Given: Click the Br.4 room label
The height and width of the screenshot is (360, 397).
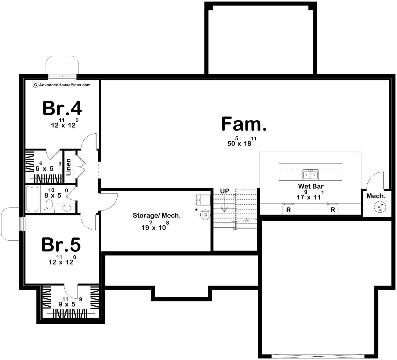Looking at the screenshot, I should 62,108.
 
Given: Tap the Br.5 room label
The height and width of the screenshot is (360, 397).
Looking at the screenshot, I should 61,245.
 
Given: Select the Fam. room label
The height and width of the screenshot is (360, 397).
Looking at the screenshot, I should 244,124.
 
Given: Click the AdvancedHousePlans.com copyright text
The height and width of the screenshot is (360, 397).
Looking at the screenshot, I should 62,85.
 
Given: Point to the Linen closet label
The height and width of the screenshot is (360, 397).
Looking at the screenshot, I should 69,167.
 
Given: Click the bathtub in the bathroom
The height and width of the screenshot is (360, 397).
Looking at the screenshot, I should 32,199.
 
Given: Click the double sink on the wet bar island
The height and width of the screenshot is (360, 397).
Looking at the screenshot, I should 310,175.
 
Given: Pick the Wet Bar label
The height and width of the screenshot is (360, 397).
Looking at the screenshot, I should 311,186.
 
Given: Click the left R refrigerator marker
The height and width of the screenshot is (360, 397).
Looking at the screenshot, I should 288,210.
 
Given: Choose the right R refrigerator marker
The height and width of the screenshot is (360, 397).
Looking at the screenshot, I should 333,210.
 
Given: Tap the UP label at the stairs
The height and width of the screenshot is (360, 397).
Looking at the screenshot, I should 225,191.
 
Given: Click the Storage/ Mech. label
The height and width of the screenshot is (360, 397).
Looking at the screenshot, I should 157,216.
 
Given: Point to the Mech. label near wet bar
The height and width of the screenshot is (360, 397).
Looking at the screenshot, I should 376,196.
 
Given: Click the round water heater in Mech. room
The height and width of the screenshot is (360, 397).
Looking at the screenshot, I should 380,207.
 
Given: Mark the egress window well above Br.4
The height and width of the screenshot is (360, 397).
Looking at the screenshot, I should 62,64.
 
